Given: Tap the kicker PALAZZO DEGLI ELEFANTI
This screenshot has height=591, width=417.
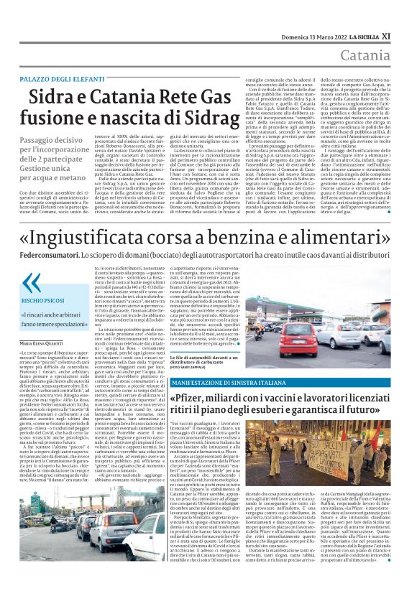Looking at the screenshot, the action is click(73, 78).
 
